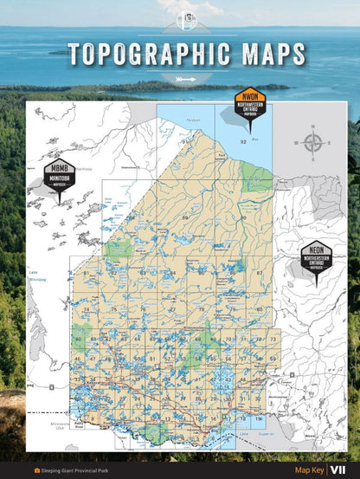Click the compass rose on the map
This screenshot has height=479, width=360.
click(x=314, y=144)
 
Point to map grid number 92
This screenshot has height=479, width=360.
click(x=244, y=140)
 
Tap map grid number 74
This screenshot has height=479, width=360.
click(x=87, y=309)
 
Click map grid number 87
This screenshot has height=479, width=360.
click(x=260, y=273)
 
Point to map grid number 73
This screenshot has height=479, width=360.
click(x=273, y=339)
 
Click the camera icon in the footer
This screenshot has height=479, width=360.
click(x=36, y=469)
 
